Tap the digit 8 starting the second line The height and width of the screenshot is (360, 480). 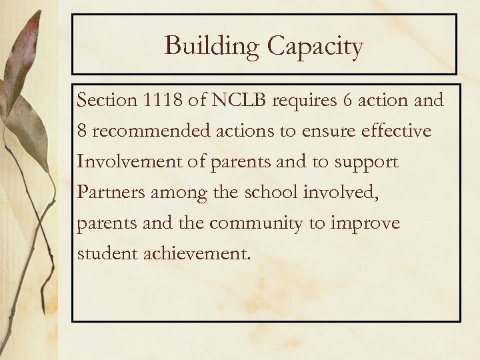pos(82,131)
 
